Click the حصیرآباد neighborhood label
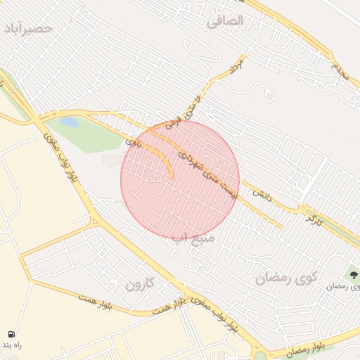[x=28, y=28]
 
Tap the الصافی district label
[x=225, y=21]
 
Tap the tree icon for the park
[x=354, y=275]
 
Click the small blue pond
[x=69, y=122]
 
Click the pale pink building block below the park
[x=110, y=161]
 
